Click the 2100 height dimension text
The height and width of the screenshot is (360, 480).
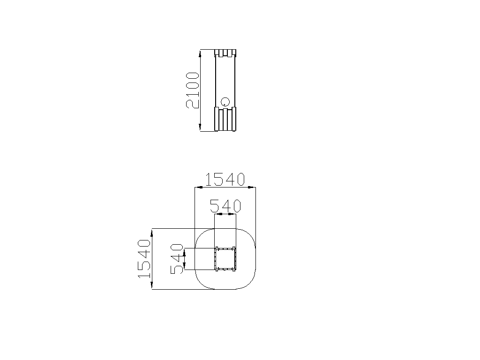click(193, 90)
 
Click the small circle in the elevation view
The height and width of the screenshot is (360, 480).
click(225, 102)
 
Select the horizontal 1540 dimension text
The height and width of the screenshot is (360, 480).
click(225, 180)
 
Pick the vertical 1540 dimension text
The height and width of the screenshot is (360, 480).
click(144, 259)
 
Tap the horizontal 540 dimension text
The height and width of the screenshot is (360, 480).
click(225, 206)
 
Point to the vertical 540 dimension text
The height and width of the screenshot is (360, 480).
click(177, 259)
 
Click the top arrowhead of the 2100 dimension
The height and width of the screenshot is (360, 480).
click(200, 54)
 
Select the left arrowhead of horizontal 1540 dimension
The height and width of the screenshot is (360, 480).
click(199, 187)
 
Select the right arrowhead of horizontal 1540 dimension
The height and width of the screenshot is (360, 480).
click(252, 187)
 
